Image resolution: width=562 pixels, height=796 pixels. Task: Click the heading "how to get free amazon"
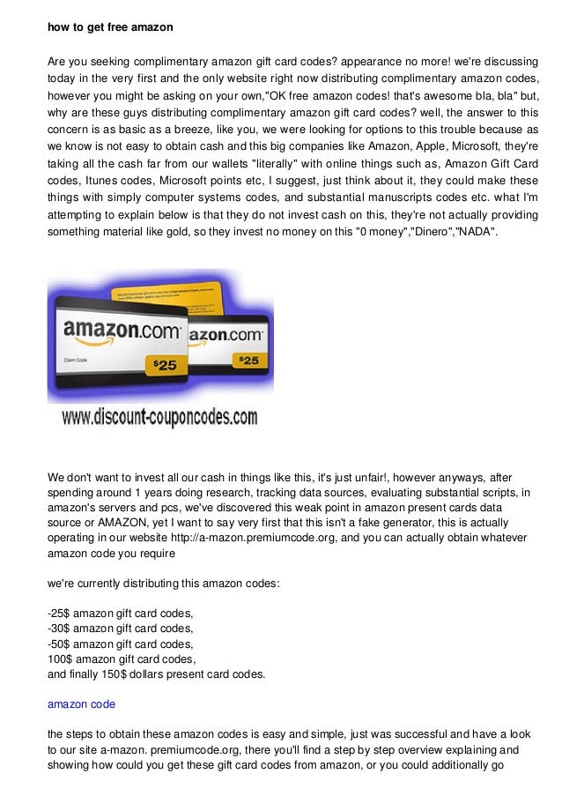110,27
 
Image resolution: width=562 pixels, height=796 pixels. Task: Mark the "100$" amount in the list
59,659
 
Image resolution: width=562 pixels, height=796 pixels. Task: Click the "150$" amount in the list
140,675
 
